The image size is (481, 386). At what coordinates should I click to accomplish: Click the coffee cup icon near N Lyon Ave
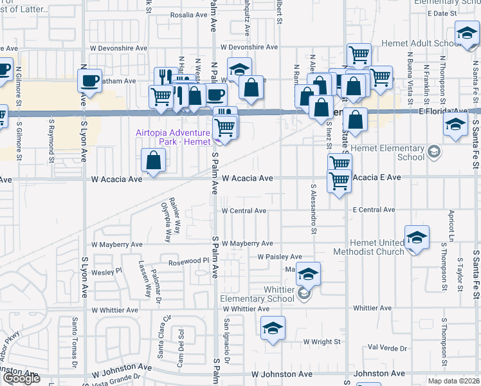point(89,81)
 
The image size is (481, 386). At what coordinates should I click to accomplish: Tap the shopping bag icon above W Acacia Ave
point(154,160)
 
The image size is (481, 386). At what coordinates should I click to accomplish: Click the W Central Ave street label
point(244,210)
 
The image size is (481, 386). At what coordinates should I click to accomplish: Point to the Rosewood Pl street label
point(189,261)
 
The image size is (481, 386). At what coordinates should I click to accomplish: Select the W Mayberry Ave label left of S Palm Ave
point(116,244)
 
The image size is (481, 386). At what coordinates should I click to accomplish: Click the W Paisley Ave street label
point(279,257)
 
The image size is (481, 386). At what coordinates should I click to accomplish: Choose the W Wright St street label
point(322,342)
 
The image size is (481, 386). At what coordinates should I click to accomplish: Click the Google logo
point(21,378)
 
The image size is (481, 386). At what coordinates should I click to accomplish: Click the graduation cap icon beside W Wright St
point(273,327)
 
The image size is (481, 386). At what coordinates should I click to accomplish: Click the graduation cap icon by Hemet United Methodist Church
point(417,237)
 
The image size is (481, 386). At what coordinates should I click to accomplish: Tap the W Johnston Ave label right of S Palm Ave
point(282,373)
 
